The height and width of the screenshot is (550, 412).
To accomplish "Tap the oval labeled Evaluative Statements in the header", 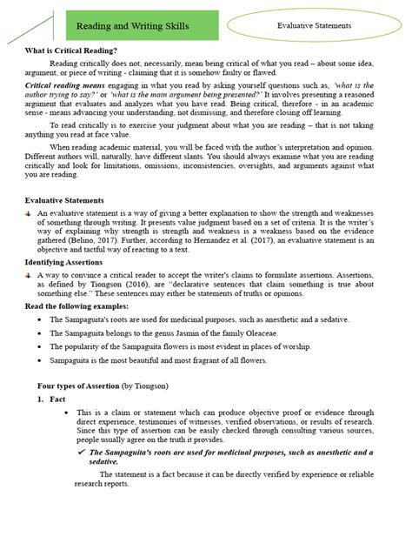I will [x=314, y=26].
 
